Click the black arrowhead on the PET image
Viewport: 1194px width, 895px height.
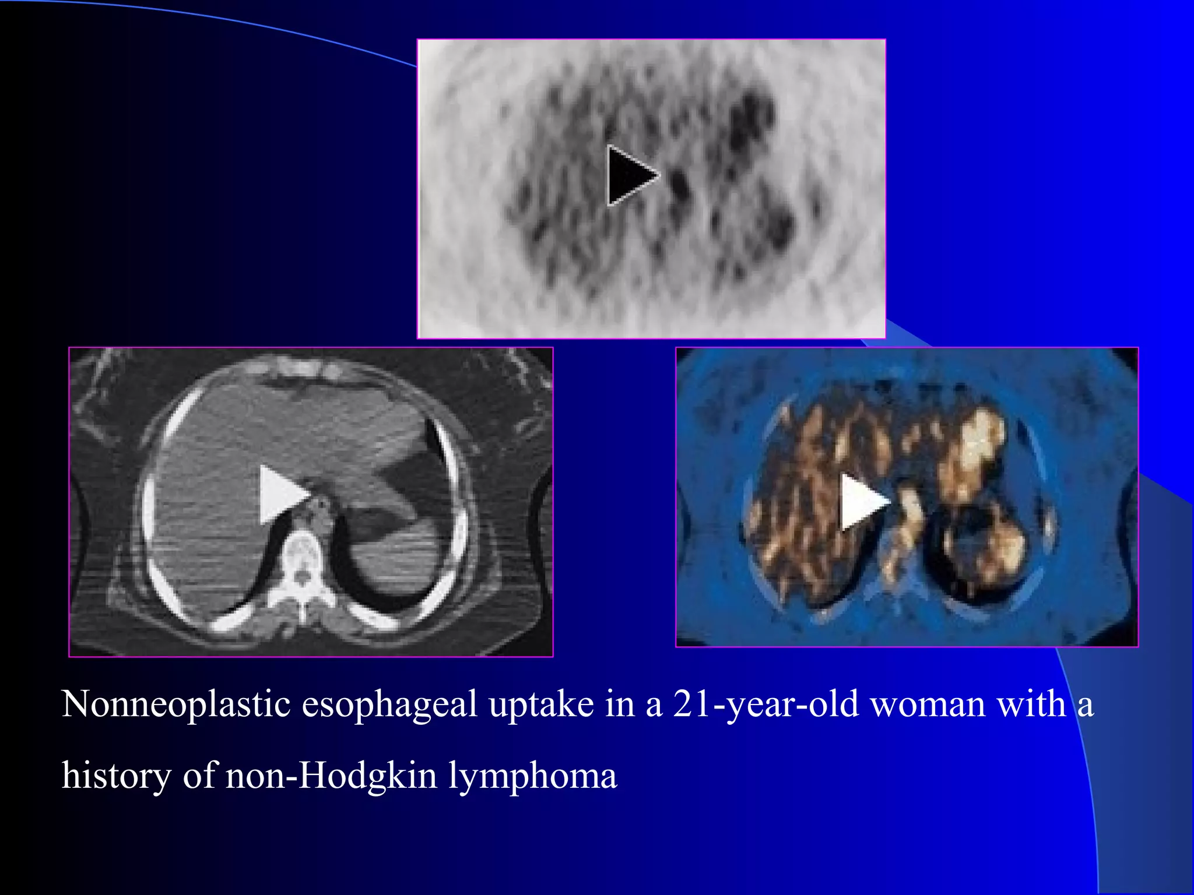(628, 175)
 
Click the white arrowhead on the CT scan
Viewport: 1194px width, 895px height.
(280, 494)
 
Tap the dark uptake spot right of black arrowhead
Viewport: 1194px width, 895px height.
(679, 184)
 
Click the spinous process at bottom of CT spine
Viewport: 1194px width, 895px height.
(301, 612)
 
